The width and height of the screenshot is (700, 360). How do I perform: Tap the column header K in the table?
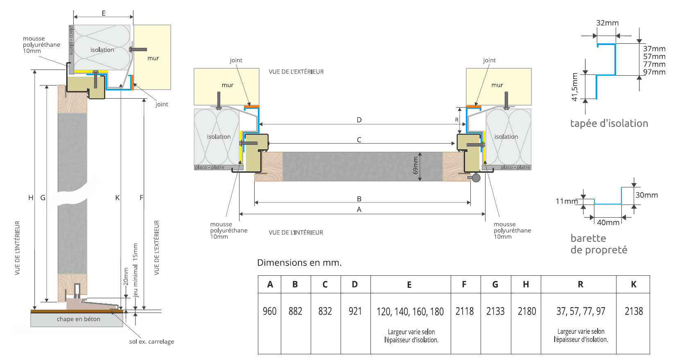(x=633, y=284)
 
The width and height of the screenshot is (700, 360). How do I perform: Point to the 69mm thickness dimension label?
(x=415, y=166)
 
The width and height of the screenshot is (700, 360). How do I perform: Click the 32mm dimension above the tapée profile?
(x=607, y=23)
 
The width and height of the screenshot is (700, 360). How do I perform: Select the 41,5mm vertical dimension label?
(x=575, y=87)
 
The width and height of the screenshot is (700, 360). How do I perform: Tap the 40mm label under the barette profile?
(x=608, y=223)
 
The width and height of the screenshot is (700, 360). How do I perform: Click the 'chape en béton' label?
(x=79, y=319)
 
